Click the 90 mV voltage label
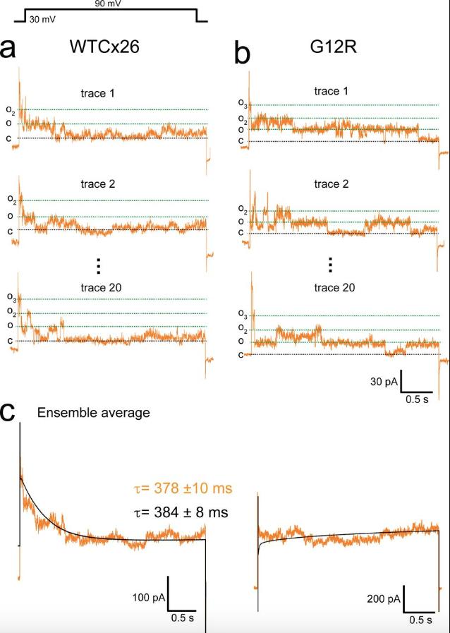tap(108, 4)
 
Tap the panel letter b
tap(242, 54)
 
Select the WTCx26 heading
tap(104, 47)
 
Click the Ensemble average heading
tap(93, 413)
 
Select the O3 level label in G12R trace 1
tap(242, 105)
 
